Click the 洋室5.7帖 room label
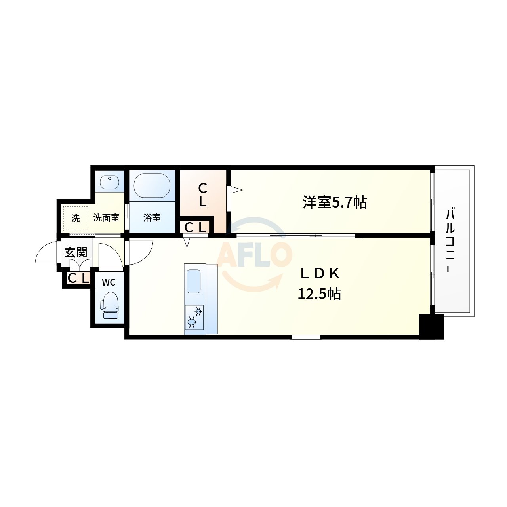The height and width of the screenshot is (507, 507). click(x=335, y=202)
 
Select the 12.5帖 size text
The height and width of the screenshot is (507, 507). click(x=319, y=294)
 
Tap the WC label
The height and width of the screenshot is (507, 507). click(x=109, y=282)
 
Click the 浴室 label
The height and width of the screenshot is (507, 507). click(x=152, y=217)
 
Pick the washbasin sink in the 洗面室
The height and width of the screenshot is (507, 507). click(x=110, y=183)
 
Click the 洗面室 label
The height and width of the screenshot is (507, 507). click(x=106, y=217)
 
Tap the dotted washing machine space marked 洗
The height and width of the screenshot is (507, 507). click(x=75, y=218)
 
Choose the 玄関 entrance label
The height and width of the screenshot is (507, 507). click(x=76, y=252)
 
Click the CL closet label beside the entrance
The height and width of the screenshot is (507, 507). click(x=78, y=278)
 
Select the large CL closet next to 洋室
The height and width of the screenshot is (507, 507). click(x=202, y=194)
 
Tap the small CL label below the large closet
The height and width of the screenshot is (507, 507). click(x=195, y=227)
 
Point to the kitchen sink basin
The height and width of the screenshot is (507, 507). click(x=194, y=281)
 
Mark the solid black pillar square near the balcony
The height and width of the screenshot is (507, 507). click(x=431, y=327)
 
